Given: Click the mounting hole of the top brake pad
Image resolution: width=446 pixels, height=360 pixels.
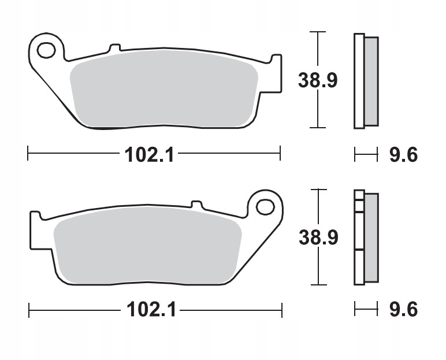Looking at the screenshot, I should click(x=46, y=50).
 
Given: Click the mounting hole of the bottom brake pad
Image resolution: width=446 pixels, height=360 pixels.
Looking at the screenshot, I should click(x=265, y=206).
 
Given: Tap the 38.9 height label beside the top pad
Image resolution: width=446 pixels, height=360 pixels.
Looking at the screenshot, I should click(x=317, y=80).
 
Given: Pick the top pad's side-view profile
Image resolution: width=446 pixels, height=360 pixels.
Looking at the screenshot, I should click(x=366, y=80).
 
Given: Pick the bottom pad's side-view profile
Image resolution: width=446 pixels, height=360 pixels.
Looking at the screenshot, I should click(x=366, y=237).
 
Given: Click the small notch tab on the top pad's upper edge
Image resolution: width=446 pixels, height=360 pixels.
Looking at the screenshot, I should click(x=114, y=46).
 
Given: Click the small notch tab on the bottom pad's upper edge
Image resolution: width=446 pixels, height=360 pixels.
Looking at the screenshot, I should click(x=196, y=204).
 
